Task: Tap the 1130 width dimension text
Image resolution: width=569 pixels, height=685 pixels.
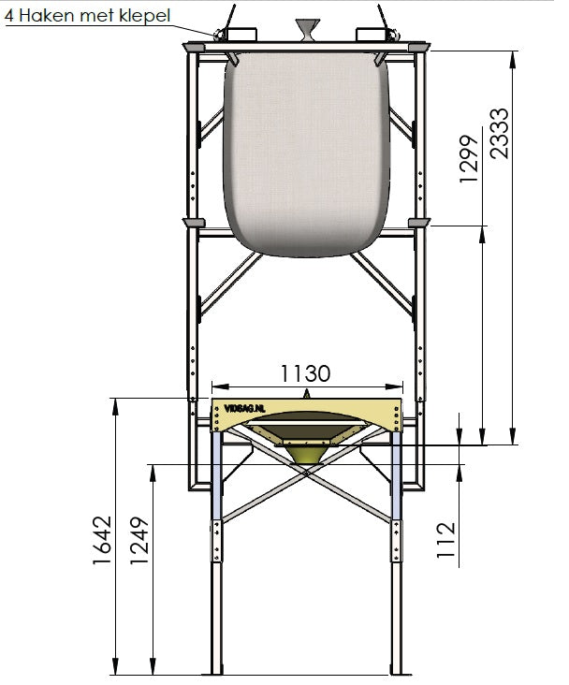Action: pos(305,373)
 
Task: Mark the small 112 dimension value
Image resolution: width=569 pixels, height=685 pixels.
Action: pos(445,539)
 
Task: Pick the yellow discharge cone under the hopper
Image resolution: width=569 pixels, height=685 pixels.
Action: pos(306,453)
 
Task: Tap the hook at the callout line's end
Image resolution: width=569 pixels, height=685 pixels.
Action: pos(222,36)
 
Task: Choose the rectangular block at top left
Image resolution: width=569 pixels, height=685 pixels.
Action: pos(244,34)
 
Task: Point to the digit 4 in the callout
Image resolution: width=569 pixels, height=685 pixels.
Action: pos(8,16)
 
